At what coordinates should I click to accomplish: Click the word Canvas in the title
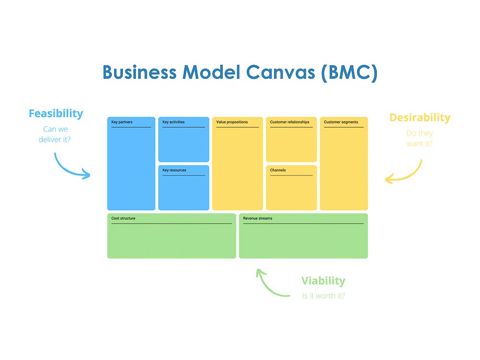tap(280, 72)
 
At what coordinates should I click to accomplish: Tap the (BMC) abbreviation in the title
tap(349, 73)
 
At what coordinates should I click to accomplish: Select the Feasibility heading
tap(56, 114)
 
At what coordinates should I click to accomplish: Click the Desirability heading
tap(420, 117)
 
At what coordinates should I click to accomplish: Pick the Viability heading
tap(323, 281)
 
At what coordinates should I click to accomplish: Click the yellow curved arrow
tap(407, 175)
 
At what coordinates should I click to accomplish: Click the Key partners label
tap(122, 122)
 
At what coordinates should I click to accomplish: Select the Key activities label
tap(173, 122)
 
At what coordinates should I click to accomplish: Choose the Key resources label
tap(174, 170)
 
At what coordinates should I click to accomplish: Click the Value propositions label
tap(232, 122)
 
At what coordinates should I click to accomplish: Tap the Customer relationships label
tap(289, 122)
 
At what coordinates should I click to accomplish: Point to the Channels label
tap(277, 170)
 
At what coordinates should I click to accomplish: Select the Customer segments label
tap(341, 122)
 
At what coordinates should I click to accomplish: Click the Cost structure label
tap(123, 218)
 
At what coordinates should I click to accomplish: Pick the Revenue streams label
tap(257, 218)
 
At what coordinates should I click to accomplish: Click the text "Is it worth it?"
tap(324, 296)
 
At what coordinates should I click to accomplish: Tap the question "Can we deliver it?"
tap(55, 134)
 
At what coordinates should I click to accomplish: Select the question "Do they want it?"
tap(420, 138)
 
